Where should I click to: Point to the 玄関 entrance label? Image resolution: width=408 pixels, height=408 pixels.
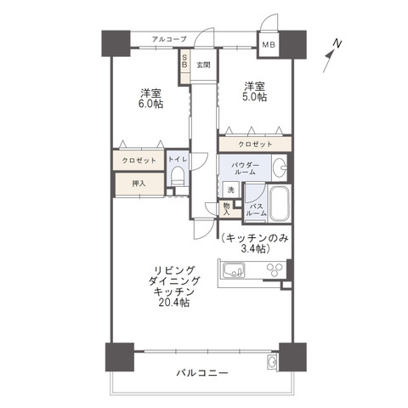(203, 65)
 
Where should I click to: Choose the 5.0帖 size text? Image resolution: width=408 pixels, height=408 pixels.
(254, 98)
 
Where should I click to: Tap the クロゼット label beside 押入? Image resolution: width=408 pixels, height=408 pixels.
(137, 160)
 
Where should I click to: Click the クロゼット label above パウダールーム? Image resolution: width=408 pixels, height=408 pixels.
(255, 144)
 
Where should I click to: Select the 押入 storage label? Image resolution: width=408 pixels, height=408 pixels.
(138, 182)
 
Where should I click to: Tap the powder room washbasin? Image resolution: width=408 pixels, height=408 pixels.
(280, 167)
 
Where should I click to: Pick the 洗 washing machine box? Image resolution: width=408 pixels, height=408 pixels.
(230, 190)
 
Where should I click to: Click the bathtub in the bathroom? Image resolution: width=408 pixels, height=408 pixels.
(278, 205)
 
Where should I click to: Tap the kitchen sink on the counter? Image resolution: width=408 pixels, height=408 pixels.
(233, 272)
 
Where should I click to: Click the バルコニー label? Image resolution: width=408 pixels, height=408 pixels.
(201, 372)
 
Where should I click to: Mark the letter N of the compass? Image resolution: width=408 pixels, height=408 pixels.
(337, 42)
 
